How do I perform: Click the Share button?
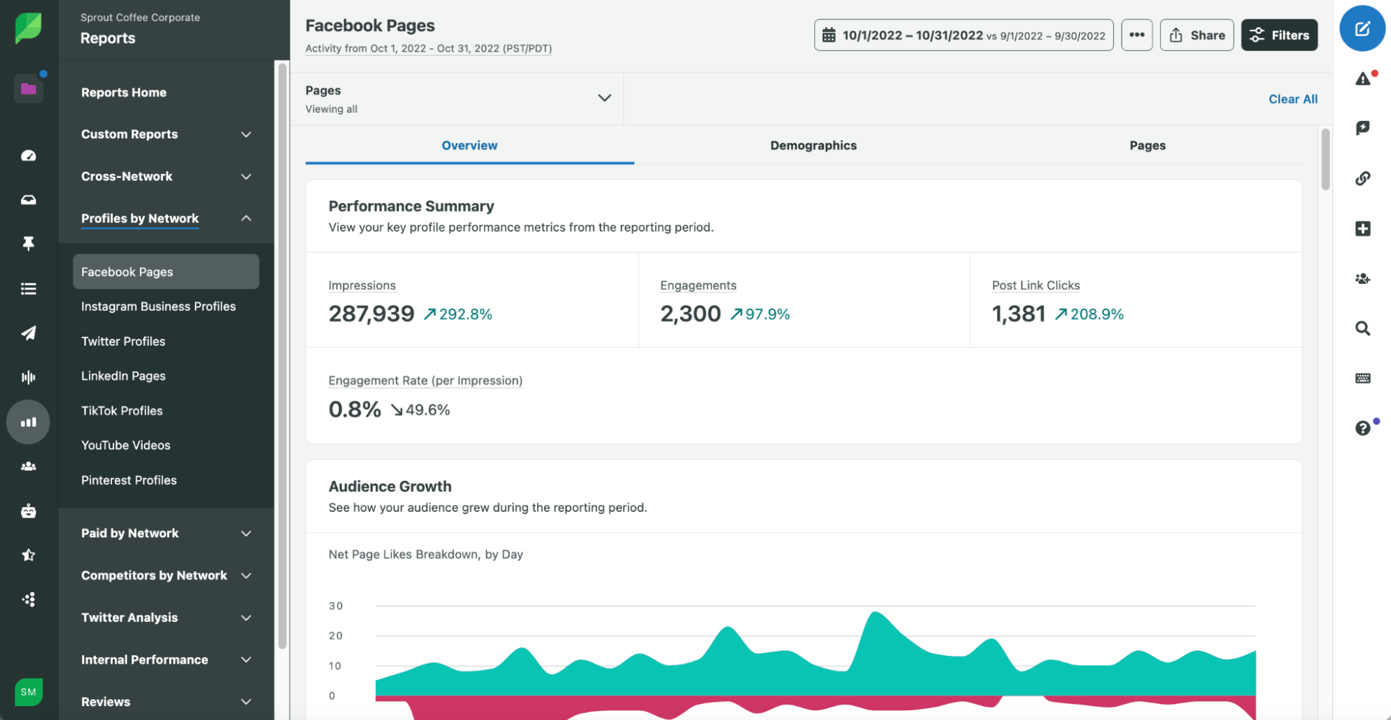coord(1197,35)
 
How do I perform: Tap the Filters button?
coord(1279,35)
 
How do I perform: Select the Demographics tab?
coord(813,145)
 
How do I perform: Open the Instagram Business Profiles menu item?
coord(158,307)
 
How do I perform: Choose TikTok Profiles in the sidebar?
coord(122,411)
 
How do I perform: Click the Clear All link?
coord(1292,99)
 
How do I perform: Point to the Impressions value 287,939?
coord(371,314)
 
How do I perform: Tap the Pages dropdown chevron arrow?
coord(604,98)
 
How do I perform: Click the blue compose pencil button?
coord(1362,29)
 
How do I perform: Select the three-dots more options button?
coord(1136,35)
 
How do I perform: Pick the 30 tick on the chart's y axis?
coord(336,606)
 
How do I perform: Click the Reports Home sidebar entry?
coord(124,93)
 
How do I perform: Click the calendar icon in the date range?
coord(829,35)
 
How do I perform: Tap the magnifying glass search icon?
coord(1362,328)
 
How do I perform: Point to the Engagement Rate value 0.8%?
coord(354,410)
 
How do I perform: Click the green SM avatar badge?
coord(29,691)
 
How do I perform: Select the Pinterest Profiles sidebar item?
coord(129,481)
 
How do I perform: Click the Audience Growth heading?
coord(390,487)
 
